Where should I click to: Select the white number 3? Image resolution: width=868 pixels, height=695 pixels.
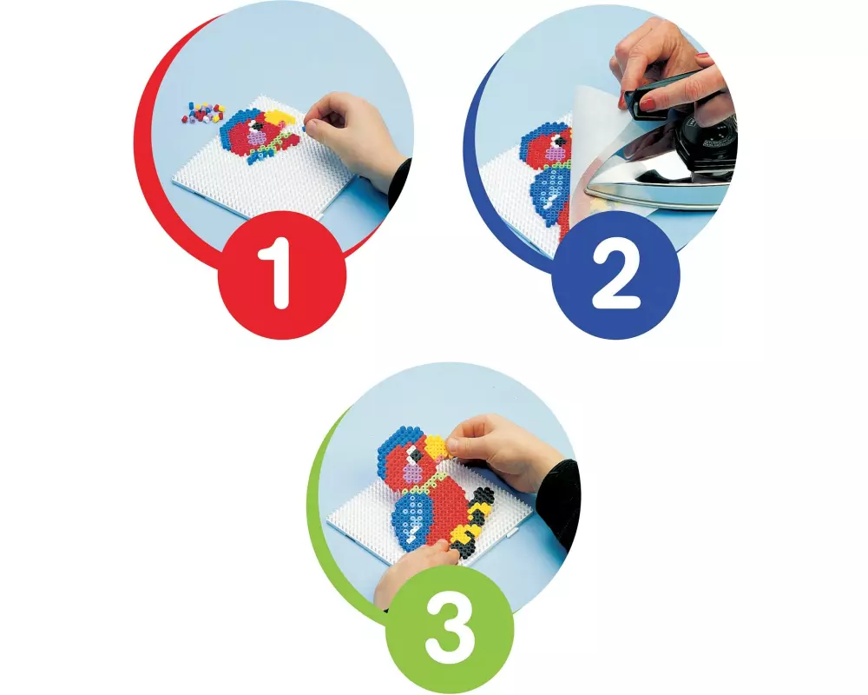(450, 628)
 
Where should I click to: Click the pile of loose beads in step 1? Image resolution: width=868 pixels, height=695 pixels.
(202, 111)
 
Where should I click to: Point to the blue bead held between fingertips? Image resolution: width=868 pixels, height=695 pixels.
(303, 128)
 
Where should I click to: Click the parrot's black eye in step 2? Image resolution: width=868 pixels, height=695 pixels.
(560, 142)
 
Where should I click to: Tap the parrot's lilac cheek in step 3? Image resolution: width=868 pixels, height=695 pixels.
(411, 472)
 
